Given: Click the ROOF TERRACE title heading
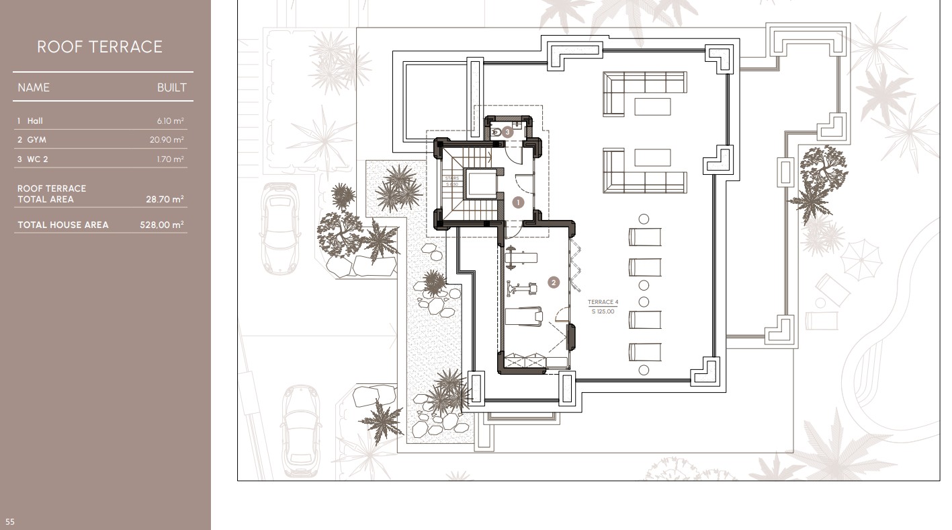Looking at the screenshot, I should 99,47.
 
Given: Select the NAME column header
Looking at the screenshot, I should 34,87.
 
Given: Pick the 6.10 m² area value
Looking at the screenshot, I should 170,121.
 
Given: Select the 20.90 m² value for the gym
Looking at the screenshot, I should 167,140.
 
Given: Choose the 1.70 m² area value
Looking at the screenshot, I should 170,159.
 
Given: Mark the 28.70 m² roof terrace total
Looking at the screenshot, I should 165,200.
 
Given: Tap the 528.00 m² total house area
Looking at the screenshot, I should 162,225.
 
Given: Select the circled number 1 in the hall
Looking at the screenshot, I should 517,202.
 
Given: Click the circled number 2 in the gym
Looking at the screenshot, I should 554,282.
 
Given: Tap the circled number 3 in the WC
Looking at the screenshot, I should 508,132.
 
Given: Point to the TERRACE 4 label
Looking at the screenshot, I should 603,303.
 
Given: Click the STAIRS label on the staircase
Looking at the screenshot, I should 451,179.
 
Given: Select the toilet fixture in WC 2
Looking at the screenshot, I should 496,132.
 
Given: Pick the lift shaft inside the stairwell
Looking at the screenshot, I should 480,185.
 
